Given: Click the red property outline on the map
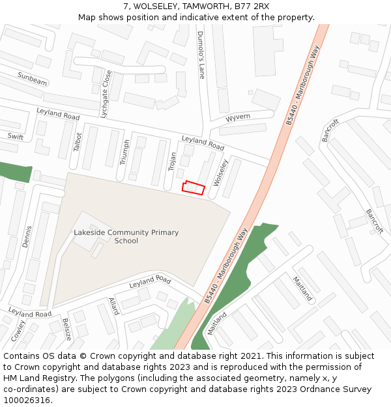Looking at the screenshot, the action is [194, 188].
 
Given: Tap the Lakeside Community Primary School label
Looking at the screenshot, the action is [126, 236].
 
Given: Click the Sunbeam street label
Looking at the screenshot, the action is [32, 79].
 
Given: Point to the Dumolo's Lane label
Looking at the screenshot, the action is [201, 55].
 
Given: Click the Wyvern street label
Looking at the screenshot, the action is [238, 118].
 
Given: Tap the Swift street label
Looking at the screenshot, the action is [15, 137].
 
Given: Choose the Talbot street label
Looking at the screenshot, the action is [78, 142].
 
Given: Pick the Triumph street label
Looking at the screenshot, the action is [126, 152].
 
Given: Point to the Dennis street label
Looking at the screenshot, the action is [27, 236].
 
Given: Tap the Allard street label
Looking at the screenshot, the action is [114, 306].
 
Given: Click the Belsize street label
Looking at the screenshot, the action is [66, 329].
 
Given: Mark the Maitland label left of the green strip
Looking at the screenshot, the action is [217, 323].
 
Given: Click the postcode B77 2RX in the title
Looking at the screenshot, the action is [252, 7].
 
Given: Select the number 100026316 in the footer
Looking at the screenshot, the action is [26, 400].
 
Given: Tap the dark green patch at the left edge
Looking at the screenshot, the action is [14, 171].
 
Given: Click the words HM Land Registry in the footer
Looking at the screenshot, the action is [35, 378].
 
